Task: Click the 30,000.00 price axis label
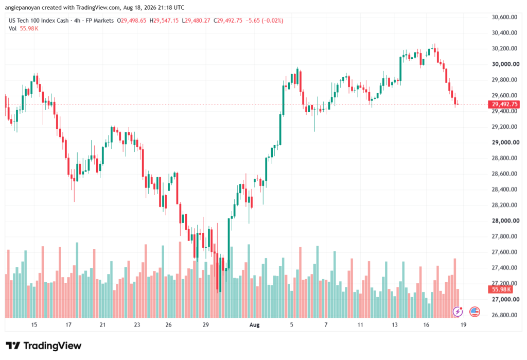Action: click(x=505, y=64)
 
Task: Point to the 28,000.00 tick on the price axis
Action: click(x=505, y=221)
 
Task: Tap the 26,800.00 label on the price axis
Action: click(x=504, y=315)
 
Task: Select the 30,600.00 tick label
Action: click(x=504, y=17)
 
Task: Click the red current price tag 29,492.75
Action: click(x=504, y=105)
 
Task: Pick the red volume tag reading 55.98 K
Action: click(x=500, y=289)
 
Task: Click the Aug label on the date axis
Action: click(x=254, y=325)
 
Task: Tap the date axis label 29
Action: click(x=206, y=325)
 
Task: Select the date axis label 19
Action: click(x=463, y=325)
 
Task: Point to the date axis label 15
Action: click(x=34, y=325)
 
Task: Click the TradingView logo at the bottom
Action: click(x=44, y=346)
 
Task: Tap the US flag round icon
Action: click(x=475, y=312)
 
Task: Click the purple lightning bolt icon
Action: click(x=458, y=312)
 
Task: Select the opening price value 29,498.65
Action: click(x=133, y=21)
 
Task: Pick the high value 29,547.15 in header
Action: click(x=166, y=21)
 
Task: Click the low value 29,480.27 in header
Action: click(x=198, y=21)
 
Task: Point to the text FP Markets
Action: click(x=99, y=21)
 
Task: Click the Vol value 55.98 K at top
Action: click(x=29, y=29)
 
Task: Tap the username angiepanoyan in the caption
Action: click(x=22, y=7)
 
